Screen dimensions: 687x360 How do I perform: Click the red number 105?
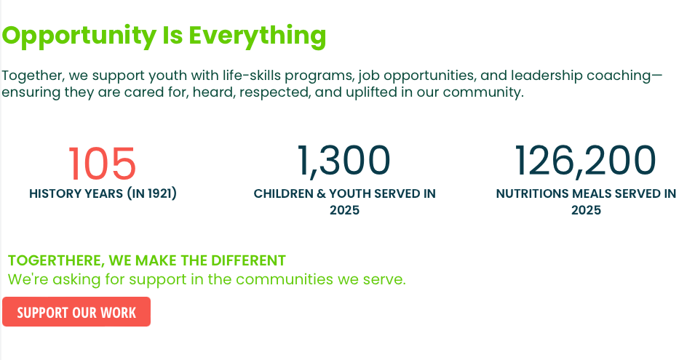(x=102, y=164)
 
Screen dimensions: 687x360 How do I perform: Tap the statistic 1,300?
(x=344, y=160)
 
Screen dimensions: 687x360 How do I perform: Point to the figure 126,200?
(x=585, y=160)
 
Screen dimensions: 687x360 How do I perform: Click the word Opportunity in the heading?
(x=79, y=36)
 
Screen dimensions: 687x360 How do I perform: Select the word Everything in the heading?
(x=258, y=36)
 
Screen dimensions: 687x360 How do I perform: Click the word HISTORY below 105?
(x=52, y=193)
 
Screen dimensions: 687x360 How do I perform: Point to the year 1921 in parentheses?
(x=159, y=193)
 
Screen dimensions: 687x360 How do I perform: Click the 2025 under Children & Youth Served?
(x=344, y=210)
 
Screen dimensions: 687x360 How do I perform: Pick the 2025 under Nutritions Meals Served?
(x=587, y=210)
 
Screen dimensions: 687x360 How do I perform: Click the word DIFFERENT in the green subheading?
(x=248, y=260)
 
